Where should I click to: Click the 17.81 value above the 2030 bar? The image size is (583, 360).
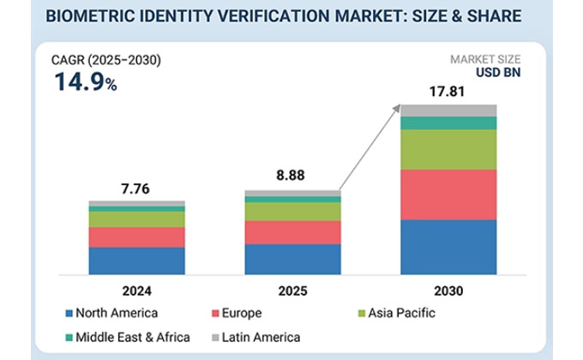(x=447, y=92)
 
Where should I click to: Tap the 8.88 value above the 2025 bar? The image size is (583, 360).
(x=291, y=175)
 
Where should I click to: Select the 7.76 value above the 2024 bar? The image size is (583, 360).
(x=135, y=189)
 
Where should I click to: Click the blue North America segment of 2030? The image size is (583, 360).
(x=448, y=248)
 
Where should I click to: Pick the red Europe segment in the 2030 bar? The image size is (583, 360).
(x=448, y=195)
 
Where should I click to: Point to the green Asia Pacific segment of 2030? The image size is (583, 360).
(x=448, y=150)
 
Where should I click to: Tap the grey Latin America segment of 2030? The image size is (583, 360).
(x=448, y=111)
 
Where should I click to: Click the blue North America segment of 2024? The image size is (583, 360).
(x=137, y=261)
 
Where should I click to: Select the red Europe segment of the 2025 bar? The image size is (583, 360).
(x=292, y=233)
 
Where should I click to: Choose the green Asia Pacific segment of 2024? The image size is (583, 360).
(x=137, y=219)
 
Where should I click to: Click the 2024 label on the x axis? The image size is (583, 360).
(x=137, y=291)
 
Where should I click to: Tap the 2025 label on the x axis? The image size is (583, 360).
(x=292, y=291)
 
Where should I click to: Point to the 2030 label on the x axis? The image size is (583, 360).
(x=448, y=291)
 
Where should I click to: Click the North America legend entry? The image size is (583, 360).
(x=111, y=313)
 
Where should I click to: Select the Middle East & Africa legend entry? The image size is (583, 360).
(x=128, y=338)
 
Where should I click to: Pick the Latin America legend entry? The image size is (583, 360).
(x=256, y=338)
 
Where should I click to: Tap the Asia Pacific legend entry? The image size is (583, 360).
(x=396, y=313)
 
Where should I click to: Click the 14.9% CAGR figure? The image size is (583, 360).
(x=86, y=81)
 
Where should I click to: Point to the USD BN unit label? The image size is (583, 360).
(x=498, y=73)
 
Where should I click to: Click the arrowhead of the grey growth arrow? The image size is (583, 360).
(x=397, y=108)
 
